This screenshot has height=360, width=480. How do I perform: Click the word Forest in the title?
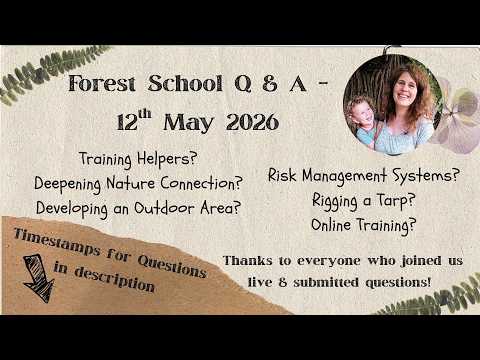[102, 83]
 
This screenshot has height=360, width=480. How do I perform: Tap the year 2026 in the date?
[252, 122]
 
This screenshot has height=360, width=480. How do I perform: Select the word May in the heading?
[188, 123]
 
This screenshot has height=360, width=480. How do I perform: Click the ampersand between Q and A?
[269, 83]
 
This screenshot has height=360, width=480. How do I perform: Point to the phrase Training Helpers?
[138, 159]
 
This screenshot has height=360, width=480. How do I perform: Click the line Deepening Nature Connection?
[138, 184]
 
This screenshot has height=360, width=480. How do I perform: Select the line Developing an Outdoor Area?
[138, 209]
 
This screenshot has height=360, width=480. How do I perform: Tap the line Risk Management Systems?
[364, 175]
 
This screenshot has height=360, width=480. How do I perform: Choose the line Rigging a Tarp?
[363, 201]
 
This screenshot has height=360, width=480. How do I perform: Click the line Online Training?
[364, 225]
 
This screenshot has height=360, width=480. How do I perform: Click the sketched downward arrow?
[39, 278]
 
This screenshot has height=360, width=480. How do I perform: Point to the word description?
[114, 280]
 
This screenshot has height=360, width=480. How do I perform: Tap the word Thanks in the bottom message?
[247, 261]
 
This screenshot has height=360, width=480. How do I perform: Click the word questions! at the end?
[398, 283]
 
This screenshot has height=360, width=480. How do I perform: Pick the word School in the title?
[185, 83]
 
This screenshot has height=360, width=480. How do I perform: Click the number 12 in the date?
[127, 123]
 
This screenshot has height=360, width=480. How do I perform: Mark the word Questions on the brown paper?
[172, 267]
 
